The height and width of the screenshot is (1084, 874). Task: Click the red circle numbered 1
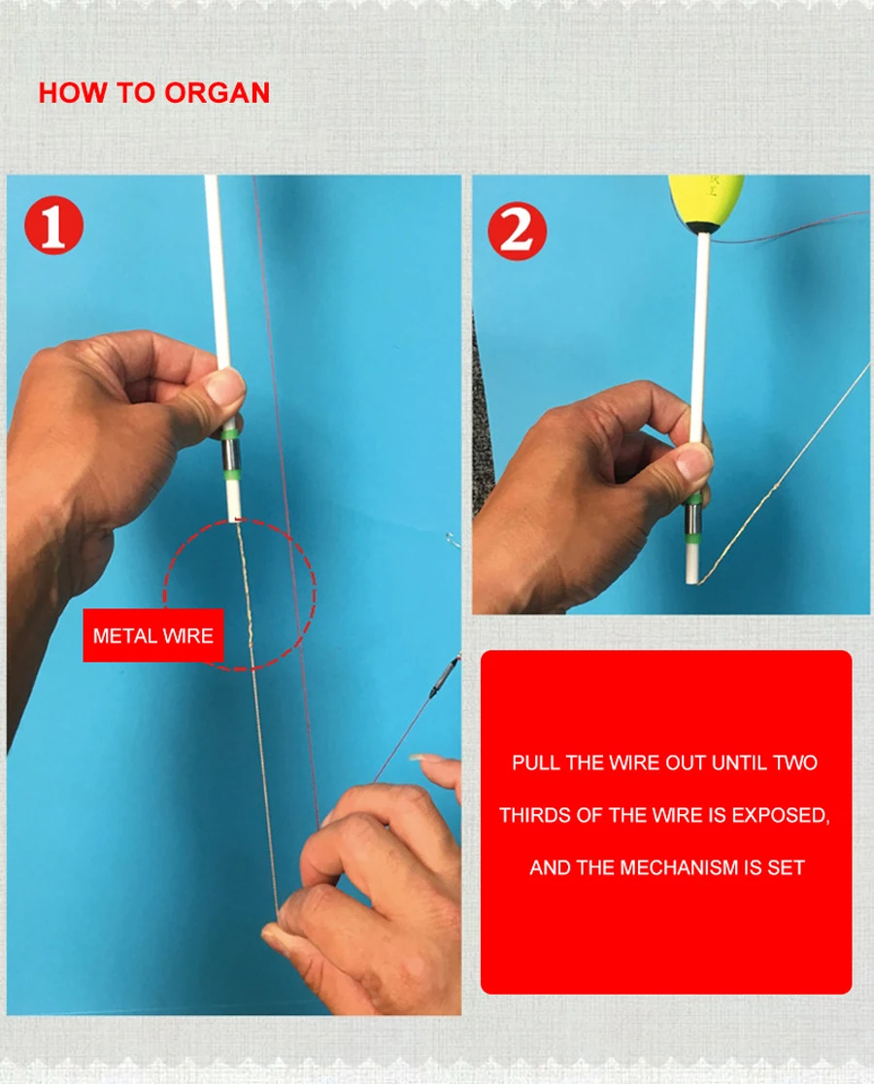(x=53, y=225)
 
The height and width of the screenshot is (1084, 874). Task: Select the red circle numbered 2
(x=517, y=231)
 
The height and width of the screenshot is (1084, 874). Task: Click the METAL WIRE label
(x=153, y=635)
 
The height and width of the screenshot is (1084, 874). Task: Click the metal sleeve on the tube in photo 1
(x=231, y=453)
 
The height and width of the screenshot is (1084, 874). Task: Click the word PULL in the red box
(x=536, y=762)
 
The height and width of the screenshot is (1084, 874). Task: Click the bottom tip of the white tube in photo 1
(x=235, y=520)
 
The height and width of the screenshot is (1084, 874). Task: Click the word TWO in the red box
(x=795, y=762)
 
